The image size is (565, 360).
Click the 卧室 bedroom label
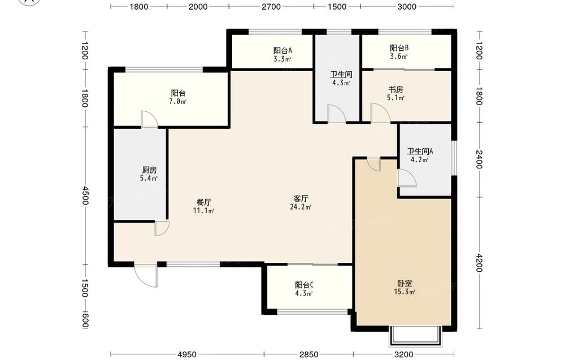pyautogui.click(x=405, y=284)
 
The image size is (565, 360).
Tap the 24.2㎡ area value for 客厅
pyautogui.click(x=301, y=207)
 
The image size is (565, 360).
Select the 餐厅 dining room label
pyautogui.click(x=203, y=202)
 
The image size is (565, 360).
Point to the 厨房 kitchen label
pyautogui.click(x=149, y=170)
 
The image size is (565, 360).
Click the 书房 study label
pyautogui.click(x=395, y=89)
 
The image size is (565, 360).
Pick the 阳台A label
pyautogui.click(x=282, y=51)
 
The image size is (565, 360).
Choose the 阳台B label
pyautogui.click(x=399, y=48)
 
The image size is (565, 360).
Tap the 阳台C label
pyautogui.click(x=304, y=285)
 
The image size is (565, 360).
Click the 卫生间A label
pyautogui.click(x=420, y=151)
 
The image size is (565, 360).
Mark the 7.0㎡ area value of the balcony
pyautogui.click(x=178, y=102)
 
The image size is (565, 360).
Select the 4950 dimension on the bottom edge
pyautogui.click(x=188, y=354)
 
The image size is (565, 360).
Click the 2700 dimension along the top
pyautogui.click(x=271, y=6)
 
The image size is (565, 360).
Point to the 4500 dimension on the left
pyautogui.click(x=85, y=196)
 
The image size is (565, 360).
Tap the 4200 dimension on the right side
pyautogui.click(x=479, y=263)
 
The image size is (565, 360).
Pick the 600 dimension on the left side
pyautogui.click(x=85, y=320)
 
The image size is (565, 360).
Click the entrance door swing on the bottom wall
pyautogui.click(x=146, y=276)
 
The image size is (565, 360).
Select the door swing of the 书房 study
pyautogui.click(x=380, y=113)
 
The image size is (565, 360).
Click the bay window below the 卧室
pyautogui.click(x=415, y=336)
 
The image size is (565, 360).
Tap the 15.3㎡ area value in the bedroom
pyautogui.click(x=405, y=292)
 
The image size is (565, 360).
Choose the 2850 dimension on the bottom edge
pyautogui.click(x=309, y=354)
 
